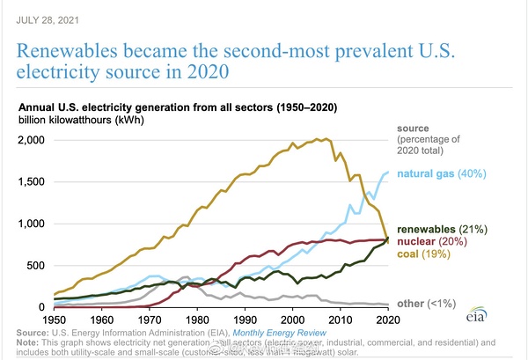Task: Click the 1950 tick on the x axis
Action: coord(55,319)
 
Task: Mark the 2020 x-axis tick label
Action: coord(388,319)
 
